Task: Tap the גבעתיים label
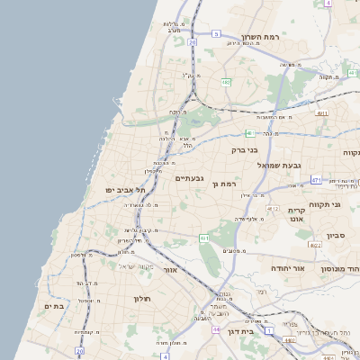191,178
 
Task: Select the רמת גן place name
224,184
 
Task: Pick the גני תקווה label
323,204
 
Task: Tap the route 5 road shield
216,33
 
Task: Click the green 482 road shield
226,83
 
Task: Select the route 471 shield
317,180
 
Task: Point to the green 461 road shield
205,238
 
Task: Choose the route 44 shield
216,330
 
